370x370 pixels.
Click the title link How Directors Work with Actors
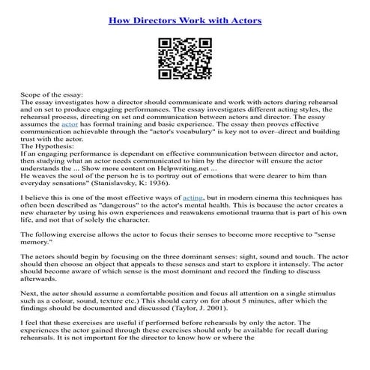tap(184, 20)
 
